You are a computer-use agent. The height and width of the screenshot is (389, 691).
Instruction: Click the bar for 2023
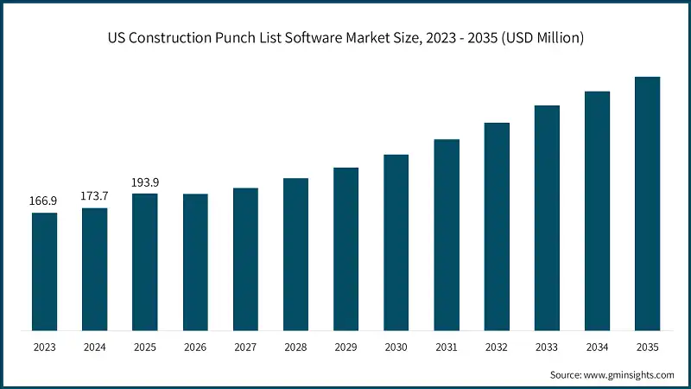pyautogui.click(x=44, y=271)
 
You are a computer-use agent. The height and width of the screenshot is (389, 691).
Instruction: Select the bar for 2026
pyautogui.click(x=195, y=261)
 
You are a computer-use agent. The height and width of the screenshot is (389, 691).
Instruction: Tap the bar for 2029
pyautogui.click(x=345, y=248)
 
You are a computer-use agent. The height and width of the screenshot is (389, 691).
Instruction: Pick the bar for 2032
pyautogui.click(x=497, y=226)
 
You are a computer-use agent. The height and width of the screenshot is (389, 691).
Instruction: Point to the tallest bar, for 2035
pyautogui.click(x=647, y=203)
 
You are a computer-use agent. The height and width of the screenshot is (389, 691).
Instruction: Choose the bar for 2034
pyautogui.click(x=597, y=210)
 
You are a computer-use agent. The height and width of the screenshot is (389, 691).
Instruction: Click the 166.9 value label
pyautogui.click(x=43, y=201)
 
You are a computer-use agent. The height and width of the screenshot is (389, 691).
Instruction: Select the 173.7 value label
pyautogui.click(x=94, y=196)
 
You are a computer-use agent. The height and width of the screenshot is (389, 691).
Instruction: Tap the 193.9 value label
pyautogui.click(x=144, y=182)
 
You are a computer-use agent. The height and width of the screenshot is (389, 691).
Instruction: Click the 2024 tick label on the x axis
pyautogui.click(x=94, y=347)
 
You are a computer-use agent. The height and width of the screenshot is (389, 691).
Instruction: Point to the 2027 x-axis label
pyautogui.click(x=245, y=347)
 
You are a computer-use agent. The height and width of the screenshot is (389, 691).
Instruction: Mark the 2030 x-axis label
pyautogui.click(x=396, y=347)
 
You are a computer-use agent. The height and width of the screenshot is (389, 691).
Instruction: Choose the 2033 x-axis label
pyautogui.click(x=547, y=347)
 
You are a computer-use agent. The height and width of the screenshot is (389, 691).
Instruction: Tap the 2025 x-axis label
pyautogui.click(x=144, y=347)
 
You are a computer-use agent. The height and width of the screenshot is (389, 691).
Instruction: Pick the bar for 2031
pyautogui.click(x=447, y=234)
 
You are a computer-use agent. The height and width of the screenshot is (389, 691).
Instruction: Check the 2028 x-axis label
pyautogui.click(x=295, y=347)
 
